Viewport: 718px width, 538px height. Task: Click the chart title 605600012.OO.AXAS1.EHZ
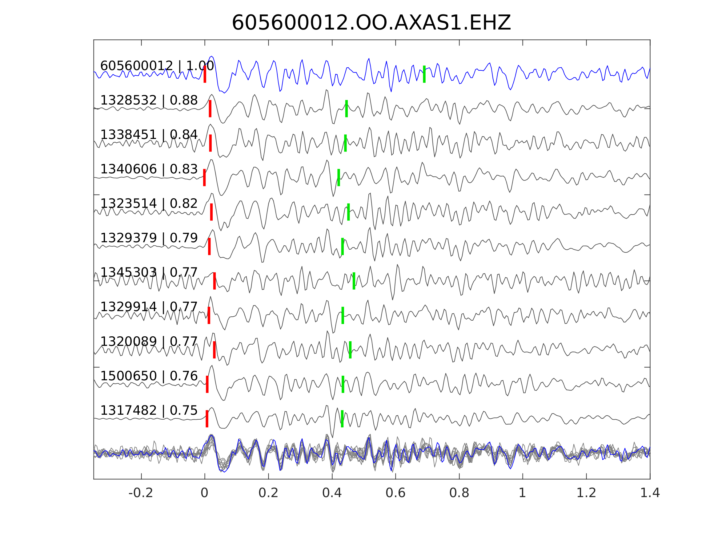tap(371, 23)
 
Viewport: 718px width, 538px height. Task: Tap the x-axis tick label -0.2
tap(141, 493)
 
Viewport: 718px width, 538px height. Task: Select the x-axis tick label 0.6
tap(395, 493)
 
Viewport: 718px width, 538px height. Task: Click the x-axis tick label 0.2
tap(268, 493)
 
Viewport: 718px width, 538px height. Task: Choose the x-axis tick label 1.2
tap(586, 493)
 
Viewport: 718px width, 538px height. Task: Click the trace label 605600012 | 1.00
tap(157, 66)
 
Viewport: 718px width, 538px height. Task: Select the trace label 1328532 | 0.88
tap(149, 101)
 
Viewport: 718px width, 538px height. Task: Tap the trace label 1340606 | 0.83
tap(149, 169)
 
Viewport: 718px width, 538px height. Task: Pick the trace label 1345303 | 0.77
tap(149, 272)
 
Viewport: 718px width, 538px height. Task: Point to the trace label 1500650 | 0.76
tap(149, 376)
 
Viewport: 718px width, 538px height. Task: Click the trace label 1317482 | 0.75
tap(149, 410)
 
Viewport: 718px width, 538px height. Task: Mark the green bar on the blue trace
tap(424, 74)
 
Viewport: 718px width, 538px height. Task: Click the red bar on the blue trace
tap(205, 74)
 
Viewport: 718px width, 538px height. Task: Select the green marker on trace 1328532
tap(346, 109)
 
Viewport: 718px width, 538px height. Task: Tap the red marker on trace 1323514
tap(211, 212)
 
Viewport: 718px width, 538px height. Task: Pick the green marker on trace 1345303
tap(354, 281)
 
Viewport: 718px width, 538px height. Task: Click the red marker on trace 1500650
tap(207, 384)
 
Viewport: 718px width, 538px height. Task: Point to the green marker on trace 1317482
tap(342, 419)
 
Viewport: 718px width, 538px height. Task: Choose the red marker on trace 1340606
tap(204, 178)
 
